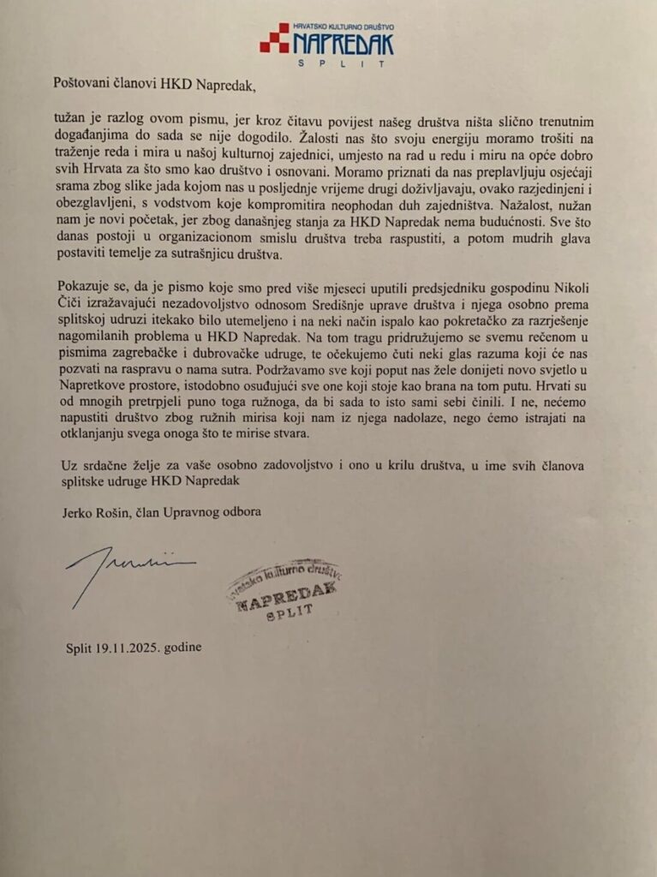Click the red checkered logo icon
[274, 39]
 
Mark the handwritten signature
[128, 570]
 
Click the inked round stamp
[284, 591]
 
